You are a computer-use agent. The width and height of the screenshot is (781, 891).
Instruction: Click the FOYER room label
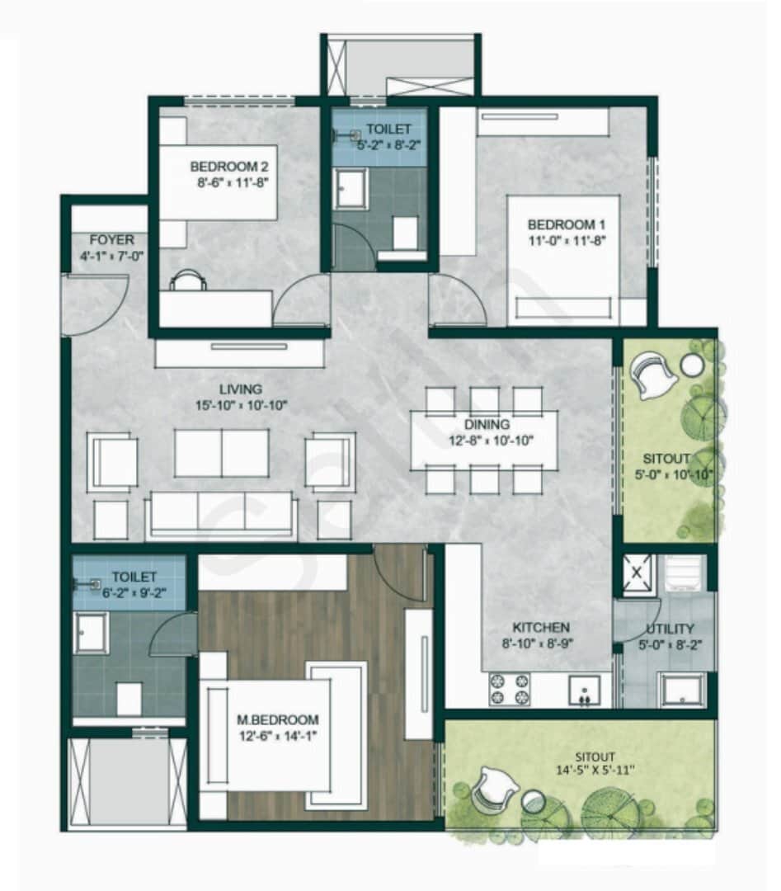[111, 240]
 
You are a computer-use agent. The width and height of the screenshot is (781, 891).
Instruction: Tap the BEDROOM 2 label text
[229, 165]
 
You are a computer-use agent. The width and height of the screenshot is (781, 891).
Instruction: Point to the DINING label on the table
[487, 425]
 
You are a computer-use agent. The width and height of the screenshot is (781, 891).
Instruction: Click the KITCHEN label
[540, 628]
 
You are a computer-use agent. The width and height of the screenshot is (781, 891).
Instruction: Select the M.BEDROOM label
[275, 719]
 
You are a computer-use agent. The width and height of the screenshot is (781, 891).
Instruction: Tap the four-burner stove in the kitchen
[510, 690]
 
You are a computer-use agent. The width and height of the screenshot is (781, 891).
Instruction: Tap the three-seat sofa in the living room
[221, 513]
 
